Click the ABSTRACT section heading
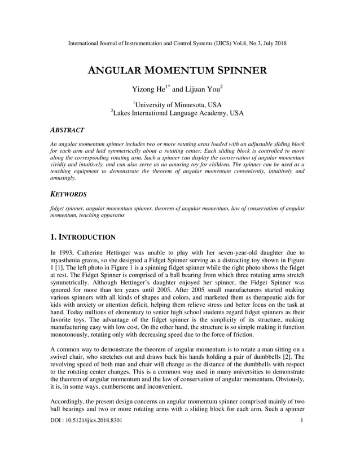(67, 130)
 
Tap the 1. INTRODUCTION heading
(83, 237)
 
